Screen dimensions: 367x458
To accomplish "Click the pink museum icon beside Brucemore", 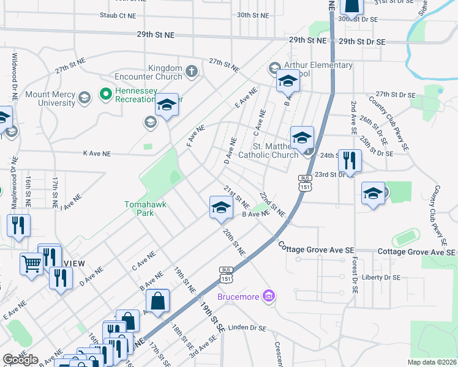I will point(267,297).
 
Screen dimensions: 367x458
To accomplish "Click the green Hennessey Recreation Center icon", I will point(105,94).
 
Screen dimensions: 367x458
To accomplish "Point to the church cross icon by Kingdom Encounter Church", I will point(192,72).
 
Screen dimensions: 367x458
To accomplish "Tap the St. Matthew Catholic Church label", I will point(276,151).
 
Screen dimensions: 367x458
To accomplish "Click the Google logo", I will point(20,359).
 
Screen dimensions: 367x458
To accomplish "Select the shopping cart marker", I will point(31,264).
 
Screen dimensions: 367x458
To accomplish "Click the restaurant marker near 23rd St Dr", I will point(350,161).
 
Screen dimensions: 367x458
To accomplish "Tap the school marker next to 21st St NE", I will point(221,207).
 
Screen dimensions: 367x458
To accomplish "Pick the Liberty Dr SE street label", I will point(380,277).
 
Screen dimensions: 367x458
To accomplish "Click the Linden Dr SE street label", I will point(244,328).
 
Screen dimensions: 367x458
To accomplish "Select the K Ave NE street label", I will point(97,154).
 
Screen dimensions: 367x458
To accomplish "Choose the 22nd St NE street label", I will point(271,204).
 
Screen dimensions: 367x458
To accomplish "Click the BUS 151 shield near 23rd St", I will point(305,182).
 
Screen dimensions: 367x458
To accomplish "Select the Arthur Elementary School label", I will point(318,69).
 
